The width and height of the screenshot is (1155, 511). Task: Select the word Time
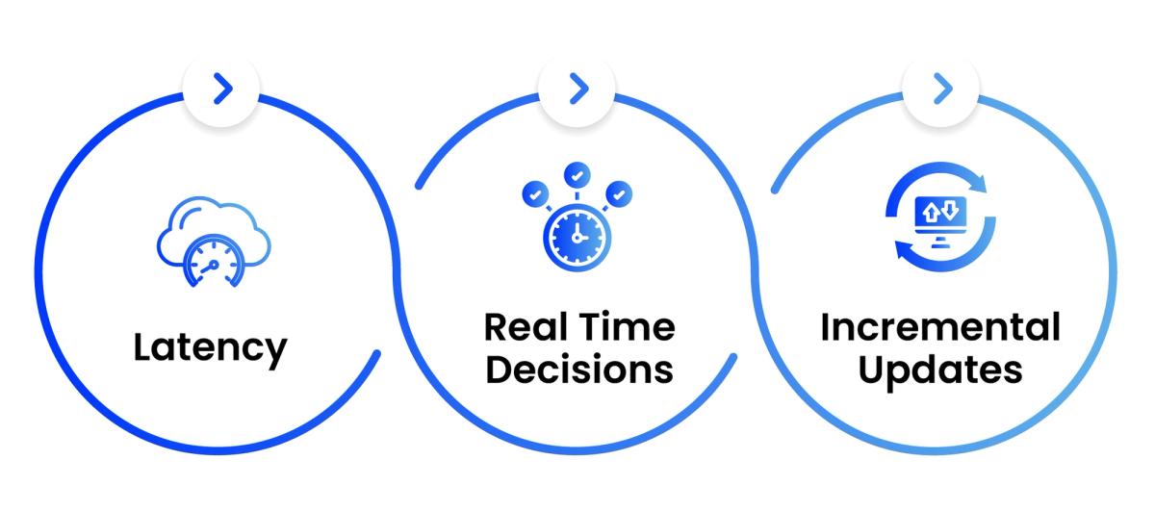[627, 327]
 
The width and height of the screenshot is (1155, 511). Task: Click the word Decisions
[577, 370]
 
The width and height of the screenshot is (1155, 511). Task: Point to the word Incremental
[940, 327]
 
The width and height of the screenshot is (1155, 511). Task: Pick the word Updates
[940, 370]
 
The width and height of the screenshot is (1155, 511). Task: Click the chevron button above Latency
[222, 89]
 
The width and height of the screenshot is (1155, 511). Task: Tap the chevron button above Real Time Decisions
[577, 89]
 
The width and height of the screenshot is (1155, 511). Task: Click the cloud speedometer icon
[213, 241]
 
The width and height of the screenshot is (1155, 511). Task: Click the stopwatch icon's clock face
[576, 237]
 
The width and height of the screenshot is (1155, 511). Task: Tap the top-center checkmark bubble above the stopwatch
[577, 175]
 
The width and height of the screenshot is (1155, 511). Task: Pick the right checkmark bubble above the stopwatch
[621, 193]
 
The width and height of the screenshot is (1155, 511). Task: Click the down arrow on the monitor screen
[949, 208]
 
